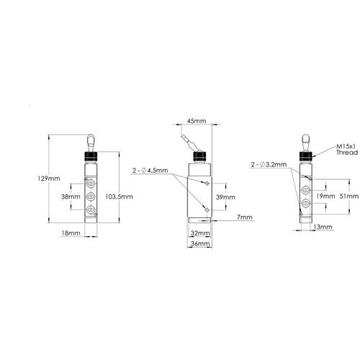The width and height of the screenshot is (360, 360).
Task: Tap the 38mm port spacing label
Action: [70, 195]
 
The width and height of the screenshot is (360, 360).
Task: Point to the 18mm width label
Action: [69, 233]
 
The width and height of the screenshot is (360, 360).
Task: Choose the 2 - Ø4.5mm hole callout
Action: [150, 171]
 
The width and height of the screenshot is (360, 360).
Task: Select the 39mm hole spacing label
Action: [225, 196]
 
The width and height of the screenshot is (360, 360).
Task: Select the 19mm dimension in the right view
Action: [325, 195]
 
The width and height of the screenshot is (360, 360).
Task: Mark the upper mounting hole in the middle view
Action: [207, 184]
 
